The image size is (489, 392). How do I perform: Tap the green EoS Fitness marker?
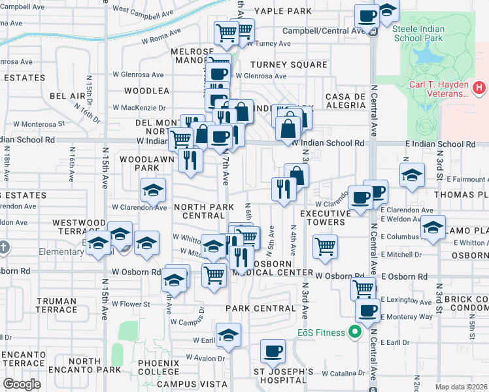355,333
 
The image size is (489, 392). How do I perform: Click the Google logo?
22,384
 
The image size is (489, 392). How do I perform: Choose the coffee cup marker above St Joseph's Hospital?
273,351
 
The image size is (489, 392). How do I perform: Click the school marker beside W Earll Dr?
228,336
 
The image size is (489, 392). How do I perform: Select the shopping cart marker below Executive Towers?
325,246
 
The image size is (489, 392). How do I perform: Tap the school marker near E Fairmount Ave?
412,175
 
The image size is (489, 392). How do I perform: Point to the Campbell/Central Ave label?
323,31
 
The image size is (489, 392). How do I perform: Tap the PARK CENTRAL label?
260,308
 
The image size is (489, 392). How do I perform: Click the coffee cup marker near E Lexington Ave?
368,310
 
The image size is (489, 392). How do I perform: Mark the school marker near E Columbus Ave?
433,227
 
